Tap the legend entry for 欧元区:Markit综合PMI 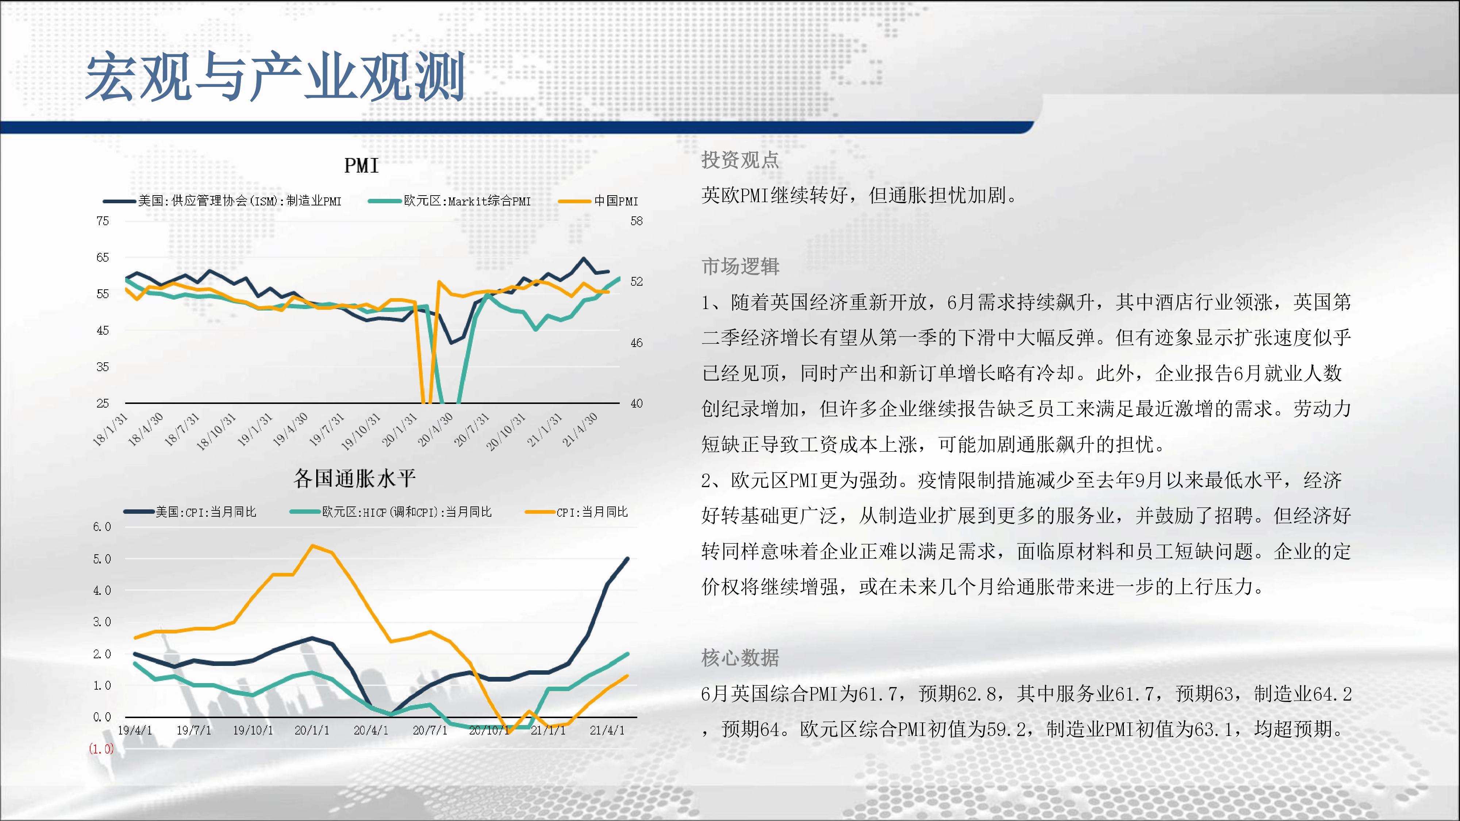point(449,201)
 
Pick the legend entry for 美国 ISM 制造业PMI point(222,201)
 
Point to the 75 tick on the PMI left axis point(103,221)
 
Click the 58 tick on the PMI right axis point(637,221)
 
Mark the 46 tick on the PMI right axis point(637,343)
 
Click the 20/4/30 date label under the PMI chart point(435,429)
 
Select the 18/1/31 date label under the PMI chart point(110,429)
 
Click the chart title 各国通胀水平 point(355,479)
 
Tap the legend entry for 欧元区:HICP point(391,512)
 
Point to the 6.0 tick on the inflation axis point(102,527)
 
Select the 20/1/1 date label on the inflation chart point(312,731)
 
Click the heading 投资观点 point(740,160)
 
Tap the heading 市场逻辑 point(740,266)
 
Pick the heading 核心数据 point(740,658)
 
